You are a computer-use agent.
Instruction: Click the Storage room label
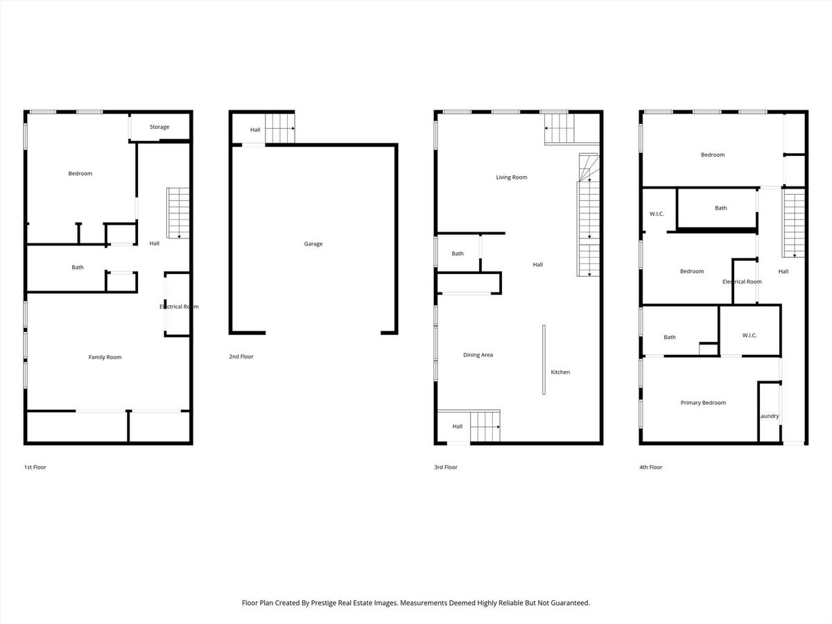(x=159, y=127)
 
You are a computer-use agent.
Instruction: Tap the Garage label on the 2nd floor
(x=313, y=244)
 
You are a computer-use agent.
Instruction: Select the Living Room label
(x=511, y=177)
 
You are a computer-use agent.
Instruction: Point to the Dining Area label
(x=478, y=355)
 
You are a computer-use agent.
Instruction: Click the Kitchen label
(x=560, y=372)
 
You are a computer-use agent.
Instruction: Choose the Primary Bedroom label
(x=703, y=403)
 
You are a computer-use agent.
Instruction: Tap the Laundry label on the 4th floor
(x=769, y=416)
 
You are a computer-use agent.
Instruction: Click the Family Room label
(x=105, y=357)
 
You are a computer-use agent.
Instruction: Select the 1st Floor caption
(x=35, y=467)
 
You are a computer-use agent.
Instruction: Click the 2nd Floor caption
(x=241, y=356)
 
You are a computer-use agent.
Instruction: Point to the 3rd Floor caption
(x=446, y=467)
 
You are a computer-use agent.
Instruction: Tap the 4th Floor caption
(x=651, y=467)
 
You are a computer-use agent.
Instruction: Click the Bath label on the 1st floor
(x=78, y=268)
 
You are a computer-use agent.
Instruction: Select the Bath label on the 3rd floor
(x=458, y=254)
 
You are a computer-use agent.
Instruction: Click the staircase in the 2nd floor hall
(x=280, y=128)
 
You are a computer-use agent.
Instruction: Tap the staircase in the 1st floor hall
(x=178, y=213)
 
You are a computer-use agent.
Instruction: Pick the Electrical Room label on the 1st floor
(x=179, y=306)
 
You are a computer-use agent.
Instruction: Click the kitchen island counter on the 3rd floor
(x=544, y=360)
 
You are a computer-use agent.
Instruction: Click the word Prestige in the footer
(x=323, y=603)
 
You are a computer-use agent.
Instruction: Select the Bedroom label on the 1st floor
(x=80, y=173)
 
